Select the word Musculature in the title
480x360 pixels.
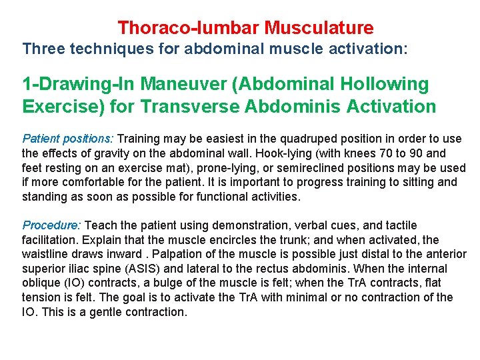tap(319, 28)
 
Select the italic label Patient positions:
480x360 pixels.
tap(68, 139)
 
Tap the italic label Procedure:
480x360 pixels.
tap(52, 225)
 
